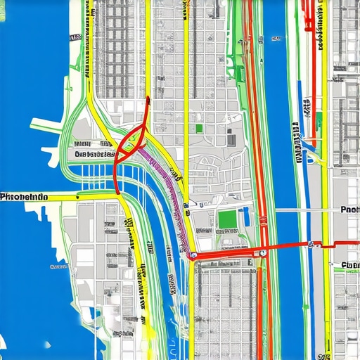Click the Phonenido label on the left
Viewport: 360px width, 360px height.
pyautogui.click(x=24, y=198)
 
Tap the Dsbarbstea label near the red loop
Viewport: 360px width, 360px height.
pyautogui.click(x=94, y=154)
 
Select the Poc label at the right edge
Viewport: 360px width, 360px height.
pyautogui.click(x=349, y=210)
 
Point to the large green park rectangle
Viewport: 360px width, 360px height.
pyautogui.click(x=227, y=220)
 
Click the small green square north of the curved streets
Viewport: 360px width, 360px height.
pyautogui.click(x=200, y=128)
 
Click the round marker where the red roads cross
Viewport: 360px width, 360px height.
pyautogui.click(x=262, y=252)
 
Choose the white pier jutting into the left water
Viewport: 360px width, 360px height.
pyautogui.click(x=49, y=150)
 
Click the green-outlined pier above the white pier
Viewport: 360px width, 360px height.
pyautogui.click(x=46, y=125)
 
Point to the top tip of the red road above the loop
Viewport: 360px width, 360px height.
pyautogui.click(x=148, y=99)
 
